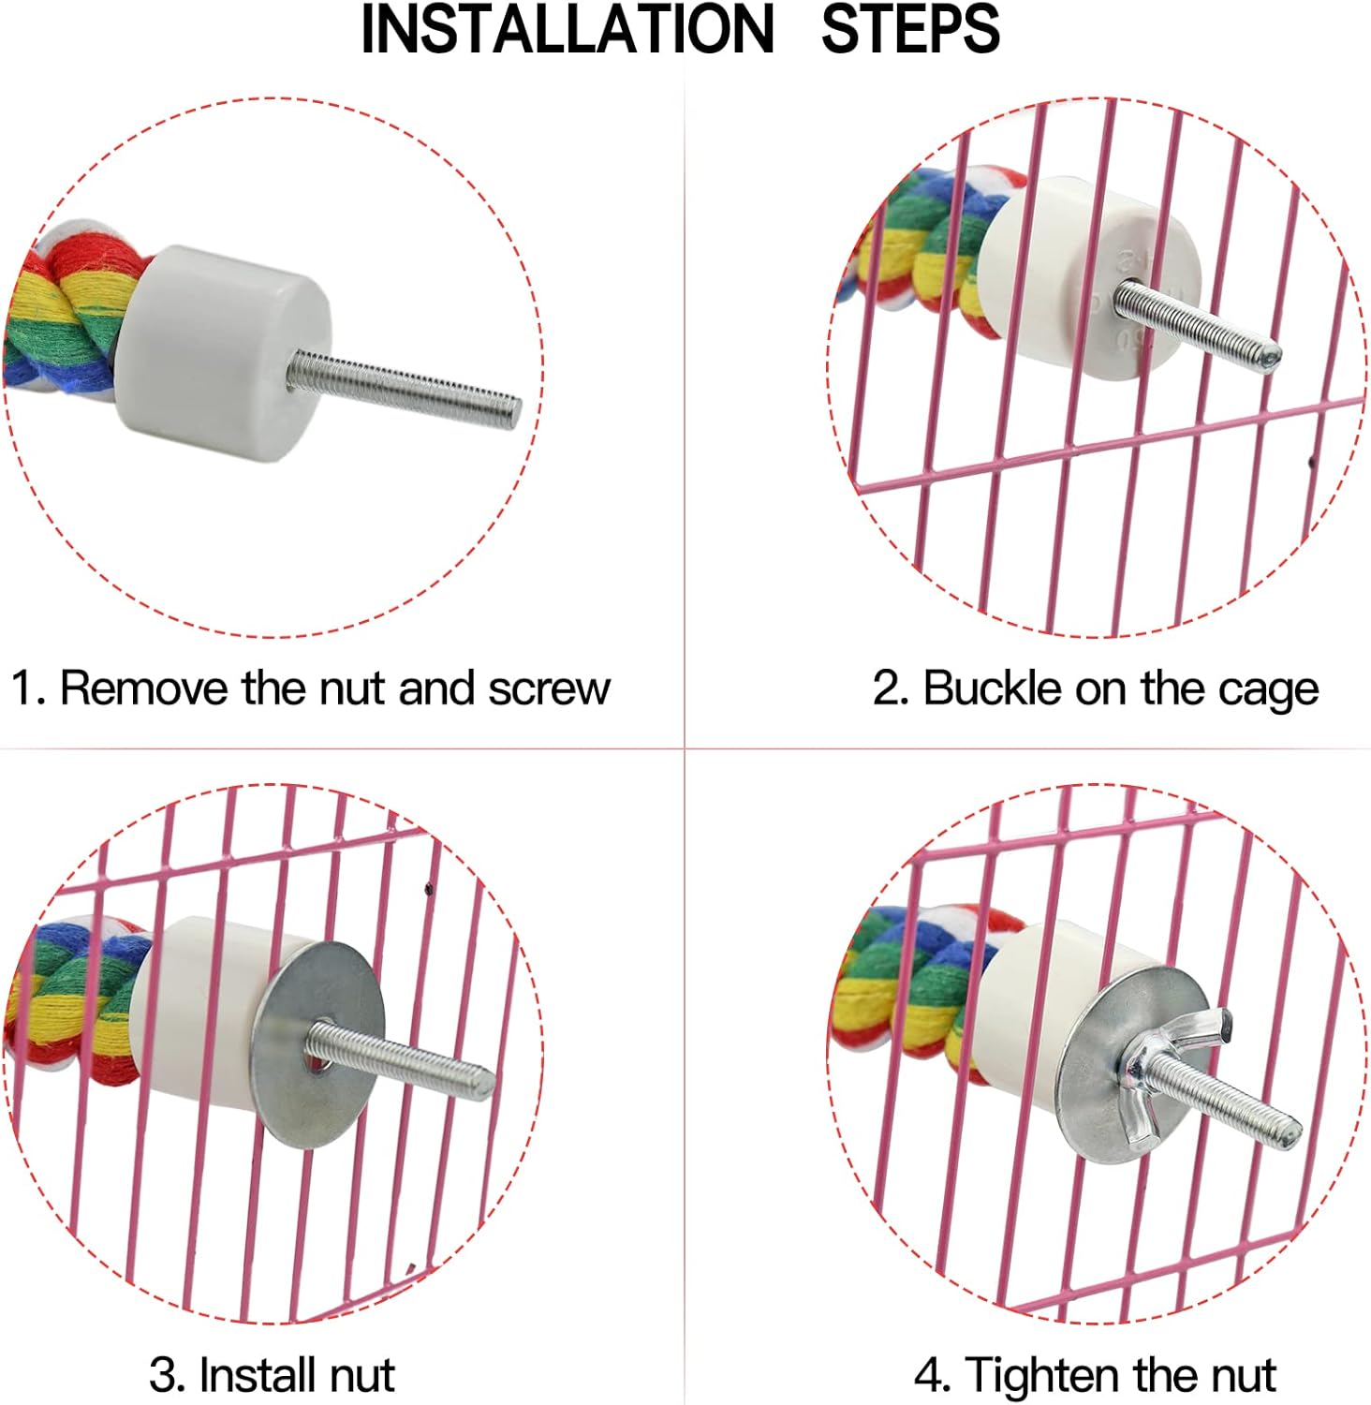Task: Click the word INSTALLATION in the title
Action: pos(568,29)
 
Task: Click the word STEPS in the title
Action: pos(910,29)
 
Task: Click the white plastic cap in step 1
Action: pos(222,353)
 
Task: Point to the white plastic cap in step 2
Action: pos(1090,277)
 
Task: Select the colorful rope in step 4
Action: pos(917,988)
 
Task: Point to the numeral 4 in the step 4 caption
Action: pos(929,1376)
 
